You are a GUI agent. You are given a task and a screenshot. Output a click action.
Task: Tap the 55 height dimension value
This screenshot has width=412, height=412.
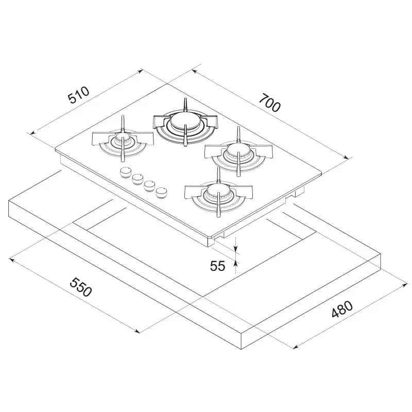[218, 266]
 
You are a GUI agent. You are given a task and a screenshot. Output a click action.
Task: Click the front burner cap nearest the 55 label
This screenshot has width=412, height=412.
[217, 194]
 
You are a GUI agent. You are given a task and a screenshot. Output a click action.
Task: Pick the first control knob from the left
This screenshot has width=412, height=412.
[126, 173]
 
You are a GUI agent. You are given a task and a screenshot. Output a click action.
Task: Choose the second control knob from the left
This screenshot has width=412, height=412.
[138, 179]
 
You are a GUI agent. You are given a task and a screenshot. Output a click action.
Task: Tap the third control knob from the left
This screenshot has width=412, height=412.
[150, 185]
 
